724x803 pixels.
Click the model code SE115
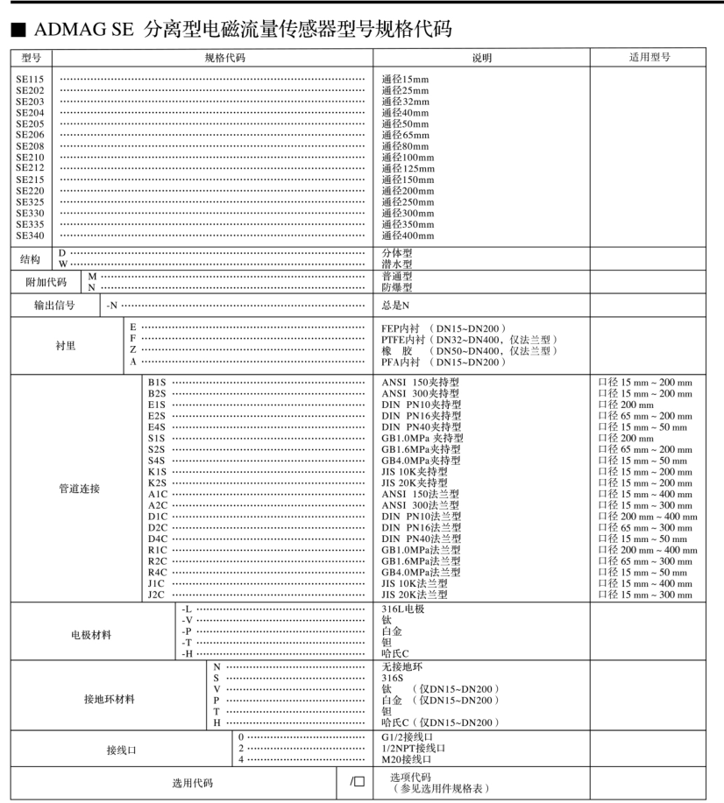[30, 79]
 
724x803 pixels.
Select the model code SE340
[30, 236]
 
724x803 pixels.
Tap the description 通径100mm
[408, 158]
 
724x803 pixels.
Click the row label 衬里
[63, 345]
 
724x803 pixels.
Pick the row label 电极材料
[91, 635]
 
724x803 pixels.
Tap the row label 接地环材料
[110, 699]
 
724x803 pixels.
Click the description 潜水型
[397, 264]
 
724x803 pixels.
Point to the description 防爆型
[397, 286]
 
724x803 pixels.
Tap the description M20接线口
[408, 759]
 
